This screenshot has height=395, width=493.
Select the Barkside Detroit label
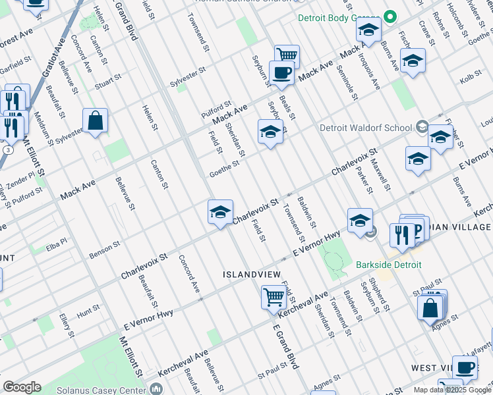(x=388, y=265)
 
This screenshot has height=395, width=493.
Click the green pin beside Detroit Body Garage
(x=390, y=17)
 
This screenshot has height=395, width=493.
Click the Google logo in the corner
(x=22, y=387)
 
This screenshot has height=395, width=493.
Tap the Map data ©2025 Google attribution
(x=452, y=390)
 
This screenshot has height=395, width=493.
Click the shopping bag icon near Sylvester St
(x=95, y=120)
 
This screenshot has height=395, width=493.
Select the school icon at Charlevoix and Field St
(x=220, y=211)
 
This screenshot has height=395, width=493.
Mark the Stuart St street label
(x=108, y=82)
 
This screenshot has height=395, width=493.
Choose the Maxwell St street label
(x=380, y=175)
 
